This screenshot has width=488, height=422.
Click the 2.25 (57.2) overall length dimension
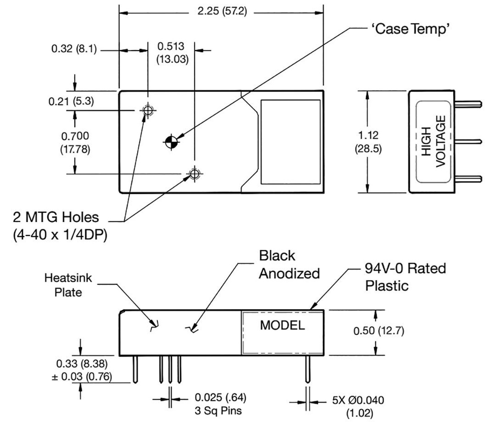click(x=222, y=11)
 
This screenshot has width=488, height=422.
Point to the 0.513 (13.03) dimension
click(x=172, y=52)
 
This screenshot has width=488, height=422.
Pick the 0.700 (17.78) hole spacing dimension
click(x=75, y=142)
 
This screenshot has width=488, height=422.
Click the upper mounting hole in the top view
click(x=147, y=111)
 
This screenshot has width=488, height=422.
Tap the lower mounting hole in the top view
click(x=194, y=174)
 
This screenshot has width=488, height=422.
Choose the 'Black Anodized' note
click(x=289, y=264)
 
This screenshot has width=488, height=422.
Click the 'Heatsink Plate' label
click(x=68, y=284)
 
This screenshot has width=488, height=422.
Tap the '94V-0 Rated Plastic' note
click(x=405, y=277)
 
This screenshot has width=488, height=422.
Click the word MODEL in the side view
click(x=282, y=326)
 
